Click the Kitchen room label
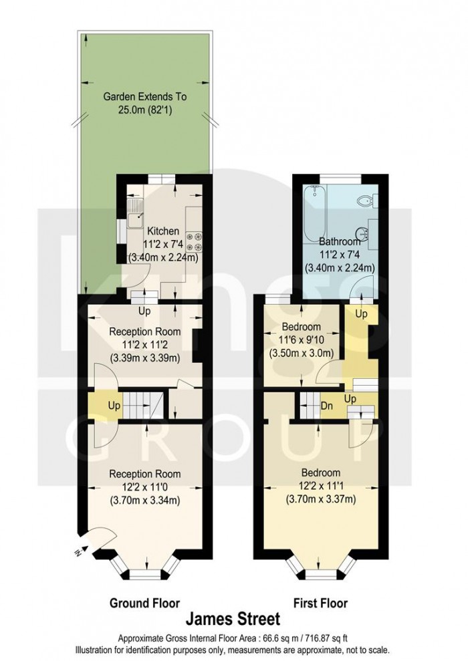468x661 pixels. [162, 231]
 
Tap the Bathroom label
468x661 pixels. [340, 241]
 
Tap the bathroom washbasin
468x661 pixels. [362, 233]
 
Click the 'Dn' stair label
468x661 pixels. [327, 406]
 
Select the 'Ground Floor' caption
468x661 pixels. [144, 603]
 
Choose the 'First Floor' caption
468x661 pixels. [320, 603]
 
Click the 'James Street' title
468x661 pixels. [233, 619]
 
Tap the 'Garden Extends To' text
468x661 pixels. [145, 96]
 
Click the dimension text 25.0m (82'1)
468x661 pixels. [146, 110]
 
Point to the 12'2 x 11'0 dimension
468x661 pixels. [144, 487]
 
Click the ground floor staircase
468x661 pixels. [143, 405]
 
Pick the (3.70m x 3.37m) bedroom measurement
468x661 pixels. [320, 499]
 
